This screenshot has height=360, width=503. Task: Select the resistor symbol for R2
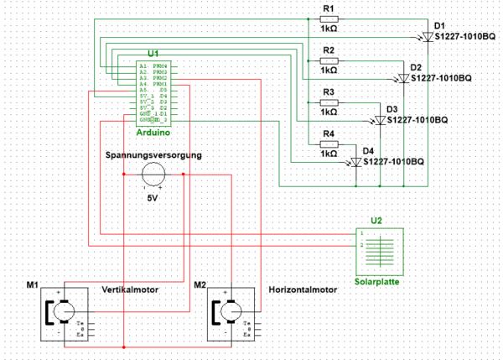pos(329,60)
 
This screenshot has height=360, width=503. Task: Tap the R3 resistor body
pos(329,102)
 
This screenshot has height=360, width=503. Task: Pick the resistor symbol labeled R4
pos(329,143)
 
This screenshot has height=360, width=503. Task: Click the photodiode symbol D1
pos(426,37)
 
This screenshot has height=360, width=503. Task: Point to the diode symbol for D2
pos(403,78)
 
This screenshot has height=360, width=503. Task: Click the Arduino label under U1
pos(153,133)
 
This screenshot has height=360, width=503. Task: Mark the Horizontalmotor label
pos(303,290)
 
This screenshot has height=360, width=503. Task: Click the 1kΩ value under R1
pos(329,29)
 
